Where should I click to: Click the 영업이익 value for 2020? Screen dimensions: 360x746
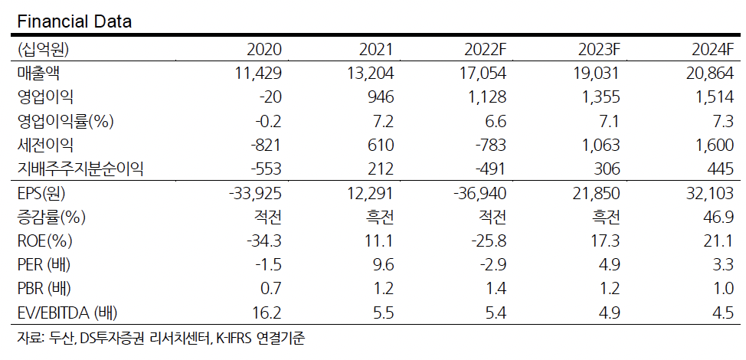270,97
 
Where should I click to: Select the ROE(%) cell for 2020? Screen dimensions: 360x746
264,241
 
